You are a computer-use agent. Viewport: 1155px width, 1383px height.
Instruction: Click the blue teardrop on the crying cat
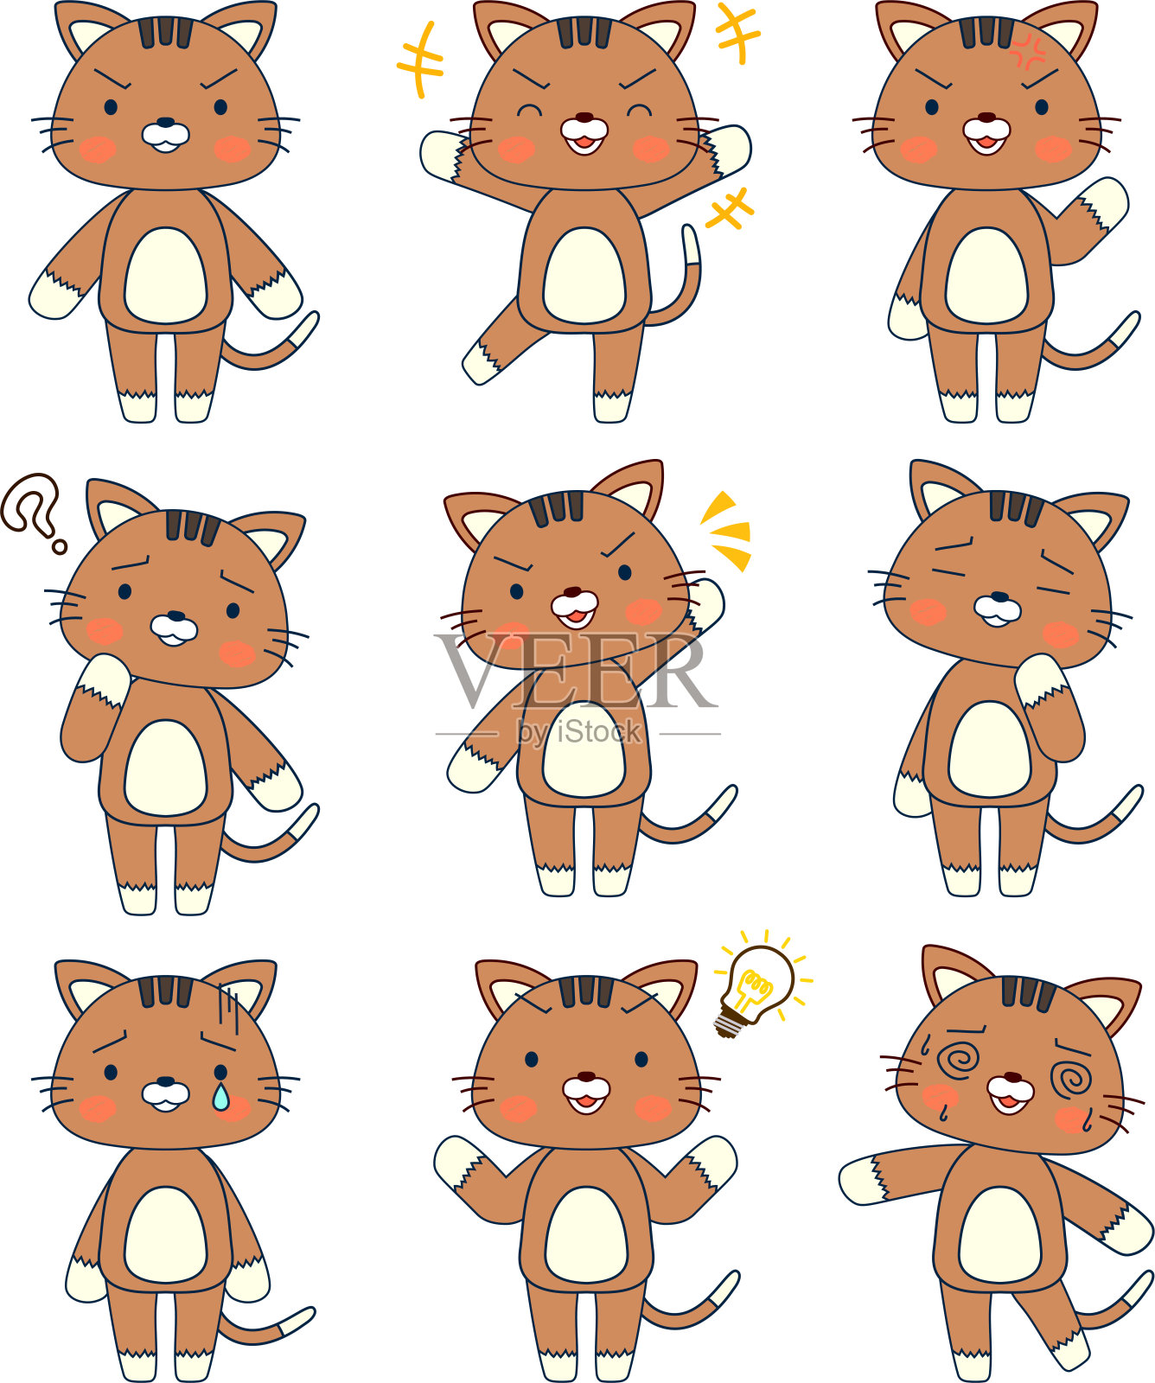pyautogui.click(x=221, y=1096)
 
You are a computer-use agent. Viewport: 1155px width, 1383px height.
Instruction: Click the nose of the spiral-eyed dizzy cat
pyautogui.click(x=1011, y=1078)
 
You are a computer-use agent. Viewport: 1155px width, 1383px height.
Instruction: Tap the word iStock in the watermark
pyautogui.click(x=598, y=732)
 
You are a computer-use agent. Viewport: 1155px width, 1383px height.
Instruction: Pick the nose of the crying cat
pyautogui.click(x=165, y=1081)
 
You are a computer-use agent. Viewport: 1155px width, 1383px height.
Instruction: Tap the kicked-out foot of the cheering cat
pyautogui.click(x=481, y=361)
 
